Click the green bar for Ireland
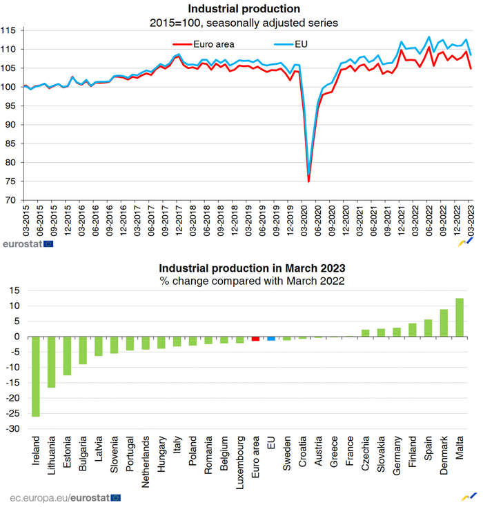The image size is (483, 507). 36,377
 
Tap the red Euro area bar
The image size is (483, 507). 255,339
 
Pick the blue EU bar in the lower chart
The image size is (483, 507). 271,339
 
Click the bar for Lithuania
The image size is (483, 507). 51,362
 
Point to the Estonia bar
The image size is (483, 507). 67,356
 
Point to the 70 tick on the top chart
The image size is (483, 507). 12,200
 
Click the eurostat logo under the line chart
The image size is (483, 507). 28,243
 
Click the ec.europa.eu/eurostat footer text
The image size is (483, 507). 66,497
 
